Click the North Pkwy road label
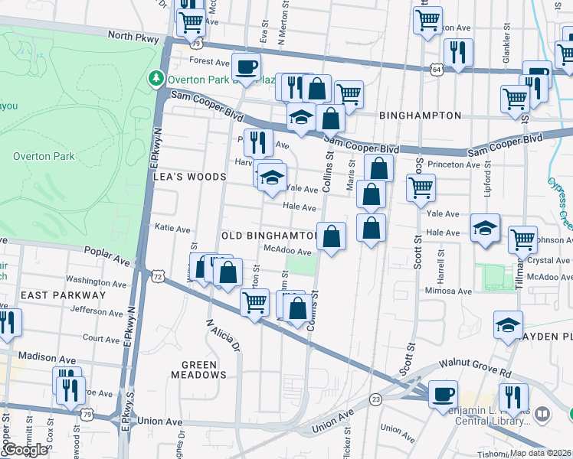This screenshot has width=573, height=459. [x=133, y=36]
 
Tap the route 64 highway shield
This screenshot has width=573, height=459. [x=436, y=69]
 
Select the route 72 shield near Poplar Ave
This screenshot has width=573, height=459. [x=157, y=275]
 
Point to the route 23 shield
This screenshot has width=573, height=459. [x=375, y=399]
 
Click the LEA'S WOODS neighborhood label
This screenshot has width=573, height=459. [x=190, y=177]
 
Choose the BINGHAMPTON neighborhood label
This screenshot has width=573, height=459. [x=421, y=116]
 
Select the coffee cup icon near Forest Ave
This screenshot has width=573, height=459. [x=246, y=67]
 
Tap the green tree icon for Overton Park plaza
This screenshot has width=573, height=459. [x=156, y=78]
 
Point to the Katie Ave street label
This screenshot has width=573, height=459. [x=172, y=228]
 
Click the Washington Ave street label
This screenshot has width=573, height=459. [x=94, y=281]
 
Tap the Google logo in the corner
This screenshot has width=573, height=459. [x=25, y=450]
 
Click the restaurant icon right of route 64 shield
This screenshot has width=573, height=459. [x=458, y=52]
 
